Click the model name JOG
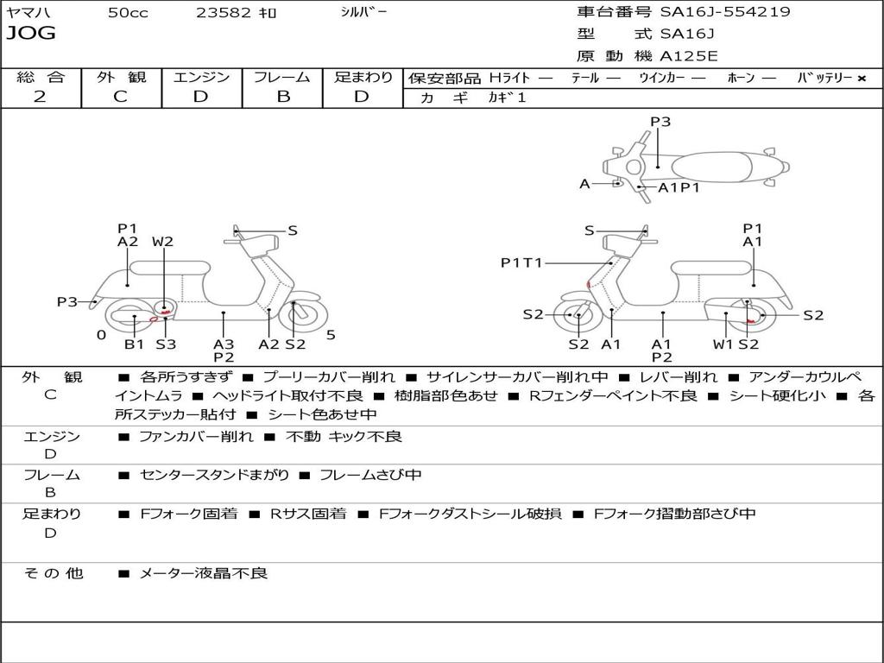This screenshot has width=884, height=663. [x=31, y=34]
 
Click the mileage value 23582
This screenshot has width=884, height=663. [x=224, y=13]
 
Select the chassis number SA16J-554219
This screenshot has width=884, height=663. [x=725, y=12]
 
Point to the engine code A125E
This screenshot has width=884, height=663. [x=689, y=56]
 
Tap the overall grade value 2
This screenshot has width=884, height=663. [x=40, y=97]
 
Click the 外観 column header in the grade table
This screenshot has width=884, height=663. [x=121, y=77]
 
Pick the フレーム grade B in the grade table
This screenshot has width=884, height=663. [x=283, y=97]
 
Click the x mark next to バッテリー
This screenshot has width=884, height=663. [x=862, y=79]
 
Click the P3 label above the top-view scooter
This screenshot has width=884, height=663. [x=660, y=122]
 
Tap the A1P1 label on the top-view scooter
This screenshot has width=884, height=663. [x=679, y=187]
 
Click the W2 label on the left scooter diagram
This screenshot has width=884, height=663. [x=163, y=242]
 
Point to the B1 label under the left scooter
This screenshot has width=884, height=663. [x=134, y=344]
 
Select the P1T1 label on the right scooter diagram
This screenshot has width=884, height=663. [x=521, y=262]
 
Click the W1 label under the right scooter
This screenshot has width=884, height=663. [x=723, y=344]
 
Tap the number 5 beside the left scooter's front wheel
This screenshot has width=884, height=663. [x=331, y=335]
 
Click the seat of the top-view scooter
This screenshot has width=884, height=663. [x=711, y=167]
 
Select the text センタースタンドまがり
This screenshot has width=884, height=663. [x=214, y=476]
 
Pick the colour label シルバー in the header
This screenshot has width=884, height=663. [x=363, y=12]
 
